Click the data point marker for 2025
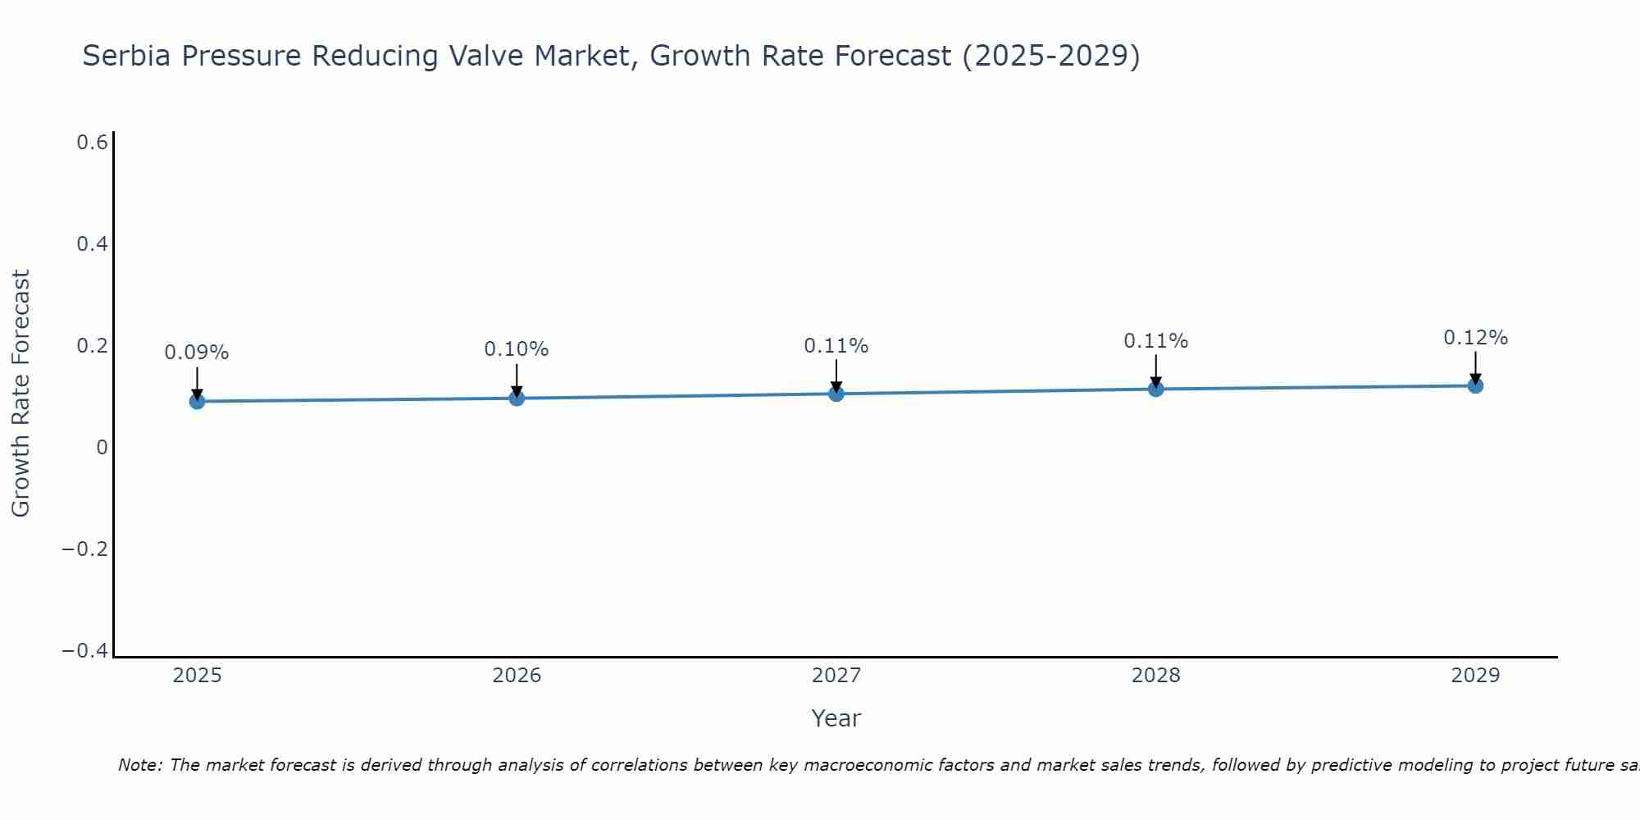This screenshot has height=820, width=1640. pyautogui.click(x=197, y=401)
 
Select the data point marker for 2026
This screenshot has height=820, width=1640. pyautogui.click(x=517, y=398)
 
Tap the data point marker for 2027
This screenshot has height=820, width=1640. pyautogui.click(x=836, y=394)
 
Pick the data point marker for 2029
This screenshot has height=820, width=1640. pyautogui.click(x=1475, y=385)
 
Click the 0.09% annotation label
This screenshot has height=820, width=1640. pyautogui.click(x=197, y=353)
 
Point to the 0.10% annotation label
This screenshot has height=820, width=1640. pyautogui.click(x=517, y=349)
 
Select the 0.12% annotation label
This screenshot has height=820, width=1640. pyautogui.click(x=1475, y=338)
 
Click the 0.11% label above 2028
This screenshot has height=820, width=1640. pyautogui.click(x=1155, y=341)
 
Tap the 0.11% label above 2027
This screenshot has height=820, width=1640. pyautogui.click(x=836, y=346)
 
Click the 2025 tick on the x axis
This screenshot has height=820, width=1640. pyautogui.click(x=197, y=676)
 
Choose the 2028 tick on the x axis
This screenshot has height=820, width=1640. pyautogui.click(x=1155, y=676)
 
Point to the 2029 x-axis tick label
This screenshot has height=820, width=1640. pyautogui.click(x=1475, y=676)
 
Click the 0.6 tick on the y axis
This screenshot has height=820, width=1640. pyautogui.click(x=93, y=143)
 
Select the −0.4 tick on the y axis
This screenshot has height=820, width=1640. pyautogui.click(x=85, y=650)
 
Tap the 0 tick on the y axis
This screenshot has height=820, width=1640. pyautogui.click(x=102, y=448)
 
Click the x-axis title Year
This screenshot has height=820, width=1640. pyautogui.click(x=836, y=718)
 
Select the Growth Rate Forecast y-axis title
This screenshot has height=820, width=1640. pyautogui.click(x=20, y=394)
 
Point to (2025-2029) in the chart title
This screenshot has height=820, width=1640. pyautogui.click(x=1050, y=57)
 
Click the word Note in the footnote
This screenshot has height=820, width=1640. pyautogui.click(x=139, y=766)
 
